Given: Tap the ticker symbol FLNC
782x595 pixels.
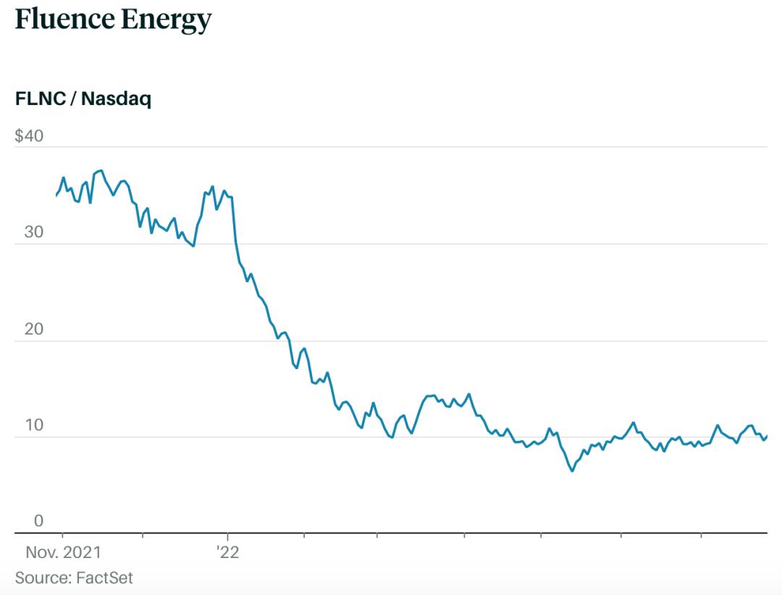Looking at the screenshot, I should pyautogui.click(x=39, y=99).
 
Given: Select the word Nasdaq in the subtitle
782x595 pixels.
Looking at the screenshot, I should pyautogui.click(x=116, y=99).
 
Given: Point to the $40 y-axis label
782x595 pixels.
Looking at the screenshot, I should pyautogui.click(x=29, y=136).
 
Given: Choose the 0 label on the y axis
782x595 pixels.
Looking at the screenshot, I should pyautogui.click(x=39, y=520).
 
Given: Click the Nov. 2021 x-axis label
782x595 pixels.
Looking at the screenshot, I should pyautogui.click(x=64, y=553).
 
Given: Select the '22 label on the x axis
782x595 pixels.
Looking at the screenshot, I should pyautogui.click(x=227, y=553).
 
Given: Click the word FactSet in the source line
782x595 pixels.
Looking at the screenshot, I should pyautogui.click(x=103, y=578).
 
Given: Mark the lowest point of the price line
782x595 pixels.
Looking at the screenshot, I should pyautogui.click(x=572, y=471).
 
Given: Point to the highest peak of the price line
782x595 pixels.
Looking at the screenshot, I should pyautogui.click(x=101, y=170).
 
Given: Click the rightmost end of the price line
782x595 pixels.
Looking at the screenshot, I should pyautogui.click(x=767, y=435).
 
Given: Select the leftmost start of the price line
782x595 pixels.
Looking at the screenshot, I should pyautogui.click(x=56, y=195).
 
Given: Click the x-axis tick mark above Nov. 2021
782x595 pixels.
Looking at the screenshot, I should pyautogui.click(x=62, y=536).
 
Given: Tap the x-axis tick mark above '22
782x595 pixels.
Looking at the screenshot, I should pyautogui.click(x=227, y=536).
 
